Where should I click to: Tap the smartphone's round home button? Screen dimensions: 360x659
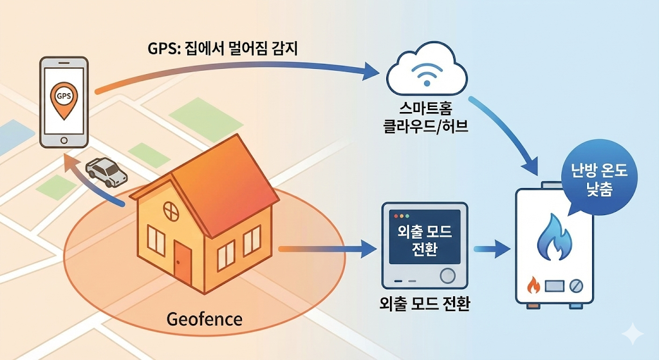point(64,140)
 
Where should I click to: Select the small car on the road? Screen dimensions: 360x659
point(107,171)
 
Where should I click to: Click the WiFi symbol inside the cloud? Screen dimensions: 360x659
point(426,76)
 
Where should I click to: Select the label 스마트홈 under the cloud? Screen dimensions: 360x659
point(425,108)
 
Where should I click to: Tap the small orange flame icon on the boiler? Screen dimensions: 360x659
point(533,284)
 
